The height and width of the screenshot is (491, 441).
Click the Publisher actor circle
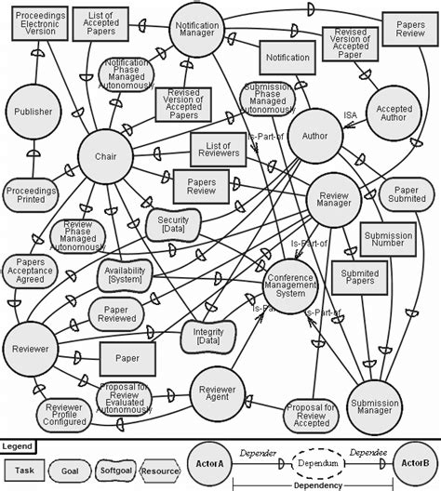pyautogui.click(x=33, y=112)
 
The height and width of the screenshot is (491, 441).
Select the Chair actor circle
pyautogui.click(x=105, y=158)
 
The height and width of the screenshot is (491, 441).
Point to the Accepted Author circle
pyautogui.click(x=394, y=113)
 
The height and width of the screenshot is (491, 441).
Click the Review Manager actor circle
pyautogui.click(x=332, y=201)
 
